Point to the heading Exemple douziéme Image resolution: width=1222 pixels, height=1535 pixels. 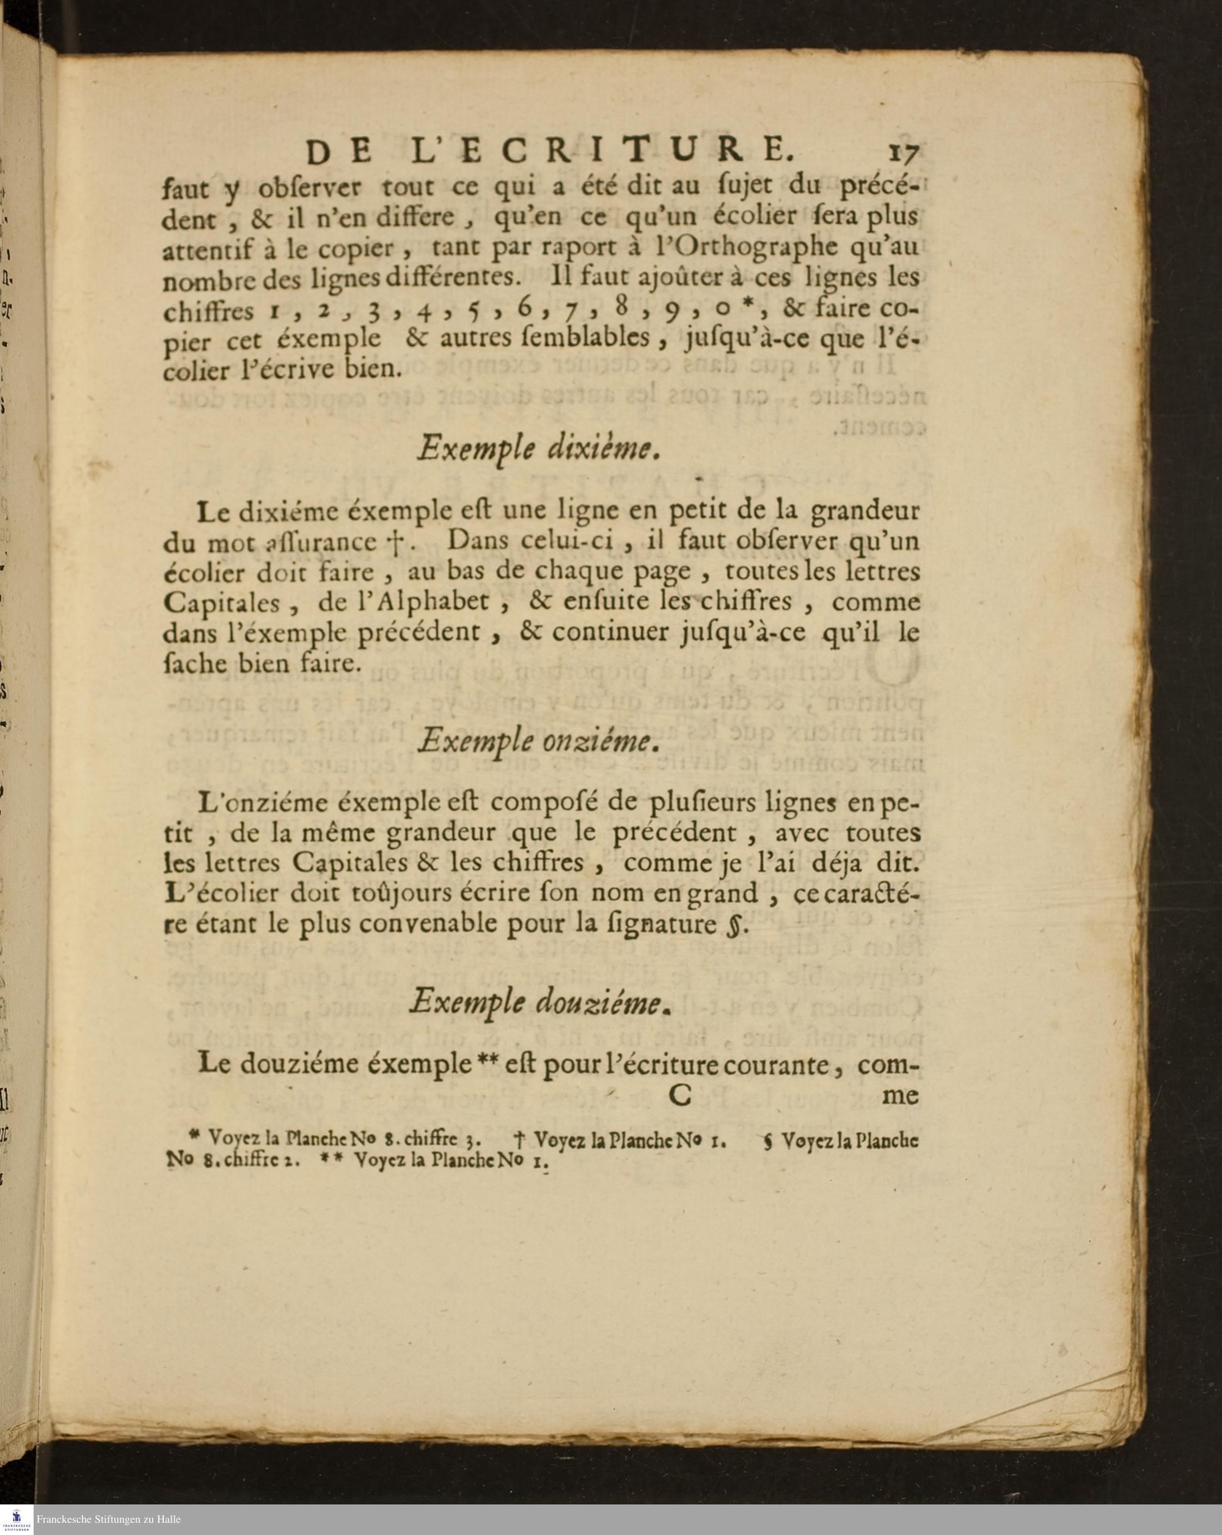(538, 1003)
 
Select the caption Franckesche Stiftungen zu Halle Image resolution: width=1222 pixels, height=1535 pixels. (109, 1519)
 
